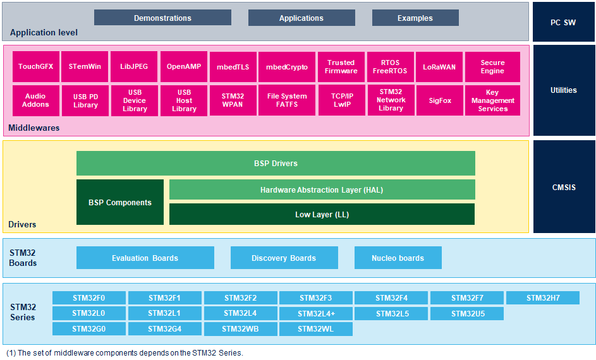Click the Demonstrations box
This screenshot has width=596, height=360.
[x=162, y=18]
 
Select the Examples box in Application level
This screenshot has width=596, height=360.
[x=415, y=18]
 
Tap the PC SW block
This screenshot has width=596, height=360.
[x=563, y=22]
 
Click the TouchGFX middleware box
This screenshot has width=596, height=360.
[x=36, y=66]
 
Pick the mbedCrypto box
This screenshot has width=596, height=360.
[x=287, y=67]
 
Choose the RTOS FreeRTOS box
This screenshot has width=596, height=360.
[x=391, y=67]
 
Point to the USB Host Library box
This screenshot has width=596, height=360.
[x=184, y=100]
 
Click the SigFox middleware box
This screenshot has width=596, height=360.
[x=440, y=100]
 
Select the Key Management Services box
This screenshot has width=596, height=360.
[x=492, y=100]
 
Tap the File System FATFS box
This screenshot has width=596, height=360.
[x=287, y=100]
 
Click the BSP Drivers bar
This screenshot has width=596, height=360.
[x=276, y=164]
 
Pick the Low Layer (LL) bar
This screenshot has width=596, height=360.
[x=322, y=214]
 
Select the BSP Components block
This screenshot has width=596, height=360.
[x=120, y=202]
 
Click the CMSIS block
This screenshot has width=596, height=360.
[x=564, y=187]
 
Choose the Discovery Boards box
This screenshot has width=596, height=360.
[x=284, y=258]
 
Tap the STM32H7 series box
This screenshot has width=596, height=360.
[x=543, y=297]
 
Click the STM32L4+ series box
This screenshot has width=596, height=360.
[x=316, y=314]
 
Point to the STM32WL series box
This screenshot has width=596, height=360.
[x=316, y=329]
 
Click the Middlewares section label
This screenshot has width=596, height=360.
[x=34, y=128]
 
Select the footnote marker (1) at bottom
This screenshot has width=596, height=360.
[x=11, y=353]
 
